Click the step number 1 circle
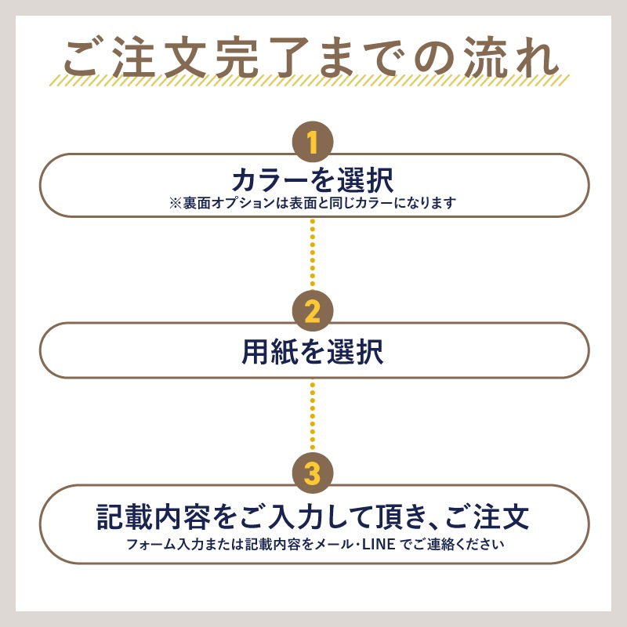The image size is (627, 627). coord(313,142)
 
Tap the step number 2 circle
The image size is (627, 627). coord(313,310)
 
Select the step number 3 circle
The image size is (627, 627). coord(313,473)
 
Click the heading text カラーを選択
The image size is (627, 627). coord(313,180)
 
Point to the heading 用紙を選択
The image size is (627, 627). coord(313,351)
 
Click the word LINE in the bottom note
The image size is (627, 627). coord(379,544)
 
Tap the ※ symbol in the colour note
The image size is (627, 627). coord(175,203)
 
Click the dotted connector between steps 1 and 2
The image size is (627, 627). coord(313,253)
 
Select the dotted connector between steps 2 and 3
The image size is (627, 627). coord(313,416)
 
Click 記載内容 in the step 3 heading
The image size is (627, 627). coord(153,516)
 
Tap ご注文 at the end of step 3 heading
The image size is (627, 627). coord(487,516)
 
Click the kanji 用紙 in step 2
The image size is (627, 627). coord(270,351)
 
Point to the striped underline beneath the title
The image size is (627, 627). coord(310,80)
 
